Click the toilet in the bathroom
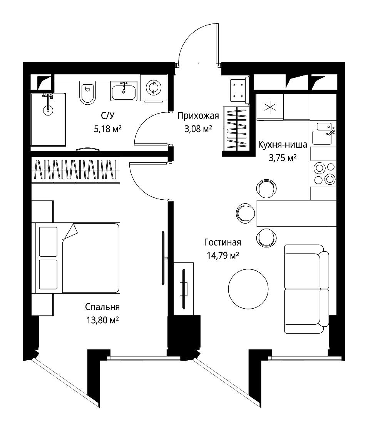click(x=87, y=93)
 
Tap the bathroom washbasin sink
click(x=124, y=91)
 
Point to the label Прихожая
click(x=198, y=116)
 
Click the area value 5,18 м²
click(x=108, y=129)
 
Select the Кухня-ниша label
click(x=283, y=145)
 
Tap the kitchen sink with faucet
click(x=323, y=134)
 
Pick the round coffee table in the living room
click(x=248, y=289)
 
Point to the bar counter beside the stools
click(x=296, y=213)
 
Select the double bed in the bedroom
click(x=78, y=258)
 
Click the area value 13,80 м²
click(x=103, y=320)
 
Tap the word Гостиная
click(x=223, y=242)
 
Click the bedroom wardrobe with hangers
click(x=76, y=170)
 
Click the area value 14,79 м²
click(x=223, y=256)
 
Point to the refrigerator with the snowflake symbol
click(x=270, y=107)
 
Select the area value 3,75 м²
click(x=283, y=158)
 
